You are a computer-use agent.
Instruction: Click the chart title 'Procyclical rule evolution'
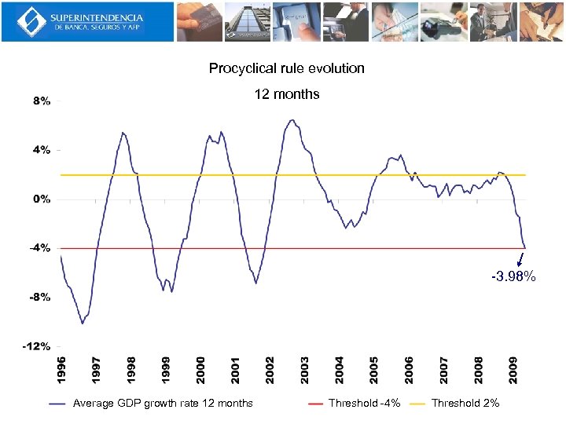pos(286,68)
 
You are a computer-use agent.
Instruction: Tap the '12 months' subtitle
pos(286,94)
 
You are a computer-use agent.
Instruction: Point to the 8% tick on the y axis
pos(42,101)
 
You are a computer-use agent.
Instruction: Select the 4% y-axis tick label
pos(42,150)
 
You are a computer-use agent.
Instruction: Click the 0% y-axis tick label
pos(42,199)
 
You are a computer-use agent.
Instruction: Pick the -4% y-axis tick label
pos(41,247)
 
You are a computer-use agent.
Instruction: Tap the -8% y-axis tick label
pos(41,297)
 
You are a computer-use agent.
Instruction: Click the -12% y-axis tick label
pos(39,345)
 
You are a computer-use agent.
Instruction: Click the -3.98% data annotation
pos(513,276)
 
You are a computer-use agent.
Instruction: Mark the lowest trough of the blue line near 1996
pos(82,323)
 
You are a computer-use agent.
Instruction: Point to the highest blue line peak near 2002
pos(292,120)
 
